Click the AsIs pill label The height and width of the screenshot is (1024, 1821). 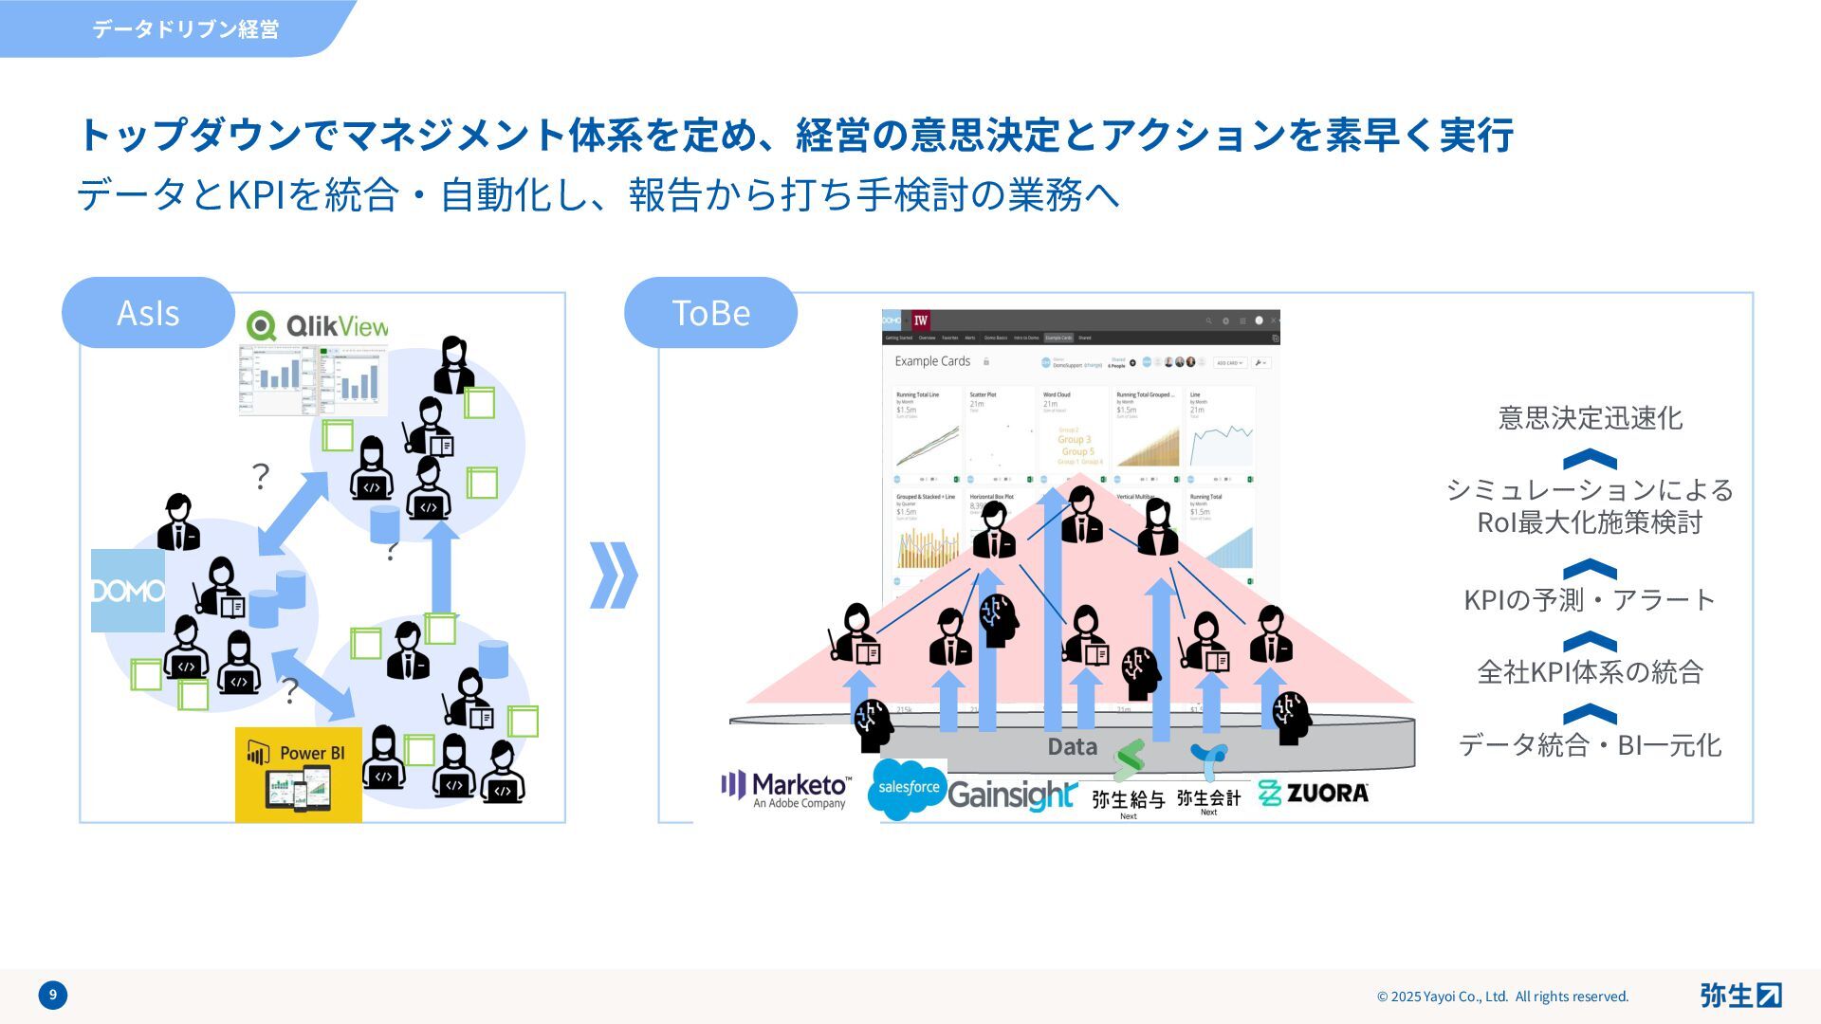148,313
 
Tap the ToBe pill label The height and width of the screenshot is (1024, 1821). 710,313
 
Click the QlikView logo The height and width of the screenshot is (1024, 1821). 317,326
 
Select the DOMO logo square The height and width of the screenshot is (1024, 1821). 128,591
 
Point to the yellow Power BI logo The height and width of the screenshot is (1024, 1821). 299,775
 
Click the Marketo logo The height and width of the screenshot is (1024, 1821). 786,790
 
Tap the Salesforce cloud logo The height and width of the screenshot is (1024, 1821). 908,788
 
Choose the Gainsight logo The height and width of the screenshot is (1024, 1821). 1012,795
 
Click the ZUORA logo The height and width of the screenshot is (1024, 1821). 1314,793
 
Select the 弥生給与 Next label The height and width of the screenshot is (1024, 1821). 1128,802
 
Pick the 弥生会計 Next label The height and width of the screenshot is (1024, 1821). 1208,801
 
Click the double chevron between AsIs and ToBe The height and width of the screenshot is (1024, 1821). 614,575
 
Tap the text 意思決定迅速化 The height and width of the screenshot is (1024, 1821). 1591,418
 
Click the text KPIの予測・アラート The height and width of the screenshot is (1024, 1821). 1590,600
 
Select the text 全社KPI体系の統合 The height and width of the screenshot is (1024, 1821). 1591,672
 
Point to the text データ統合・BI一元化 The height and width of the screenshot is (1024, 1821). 1590,745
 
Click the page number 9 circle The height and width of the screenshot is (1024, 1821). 53,995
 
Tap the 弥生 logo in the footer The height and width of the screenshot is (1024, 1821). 1740,995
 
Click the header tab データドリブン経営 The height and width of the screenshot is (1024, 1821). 185,29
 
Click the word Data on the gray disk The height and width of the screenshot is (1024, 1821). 1073,747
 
